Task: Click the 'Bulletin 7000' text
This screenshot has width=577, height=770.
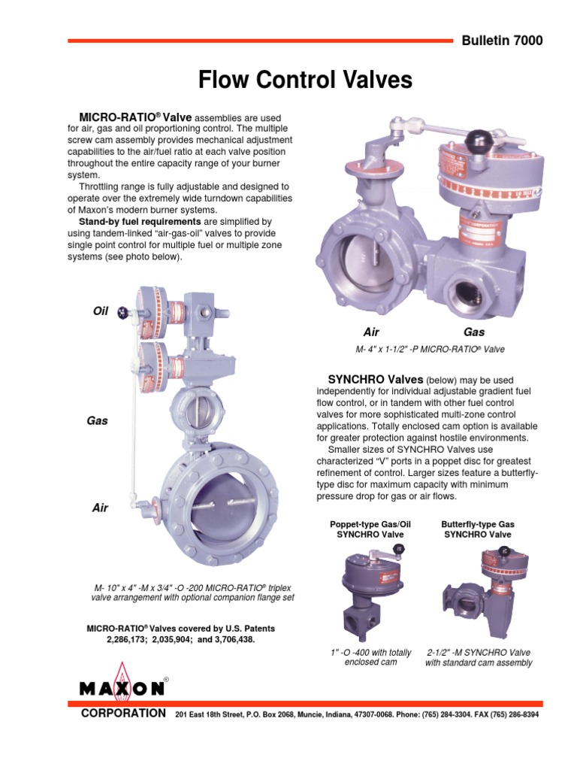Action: click(501, 41)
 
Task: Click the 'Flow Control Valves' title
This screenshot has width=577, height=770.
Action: click(305, 80)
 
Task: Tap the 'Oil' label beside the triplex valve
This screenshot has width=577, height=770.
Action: click(100, 311)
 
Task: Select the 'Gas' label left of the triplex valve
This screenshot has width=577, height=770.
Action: click(98, 421)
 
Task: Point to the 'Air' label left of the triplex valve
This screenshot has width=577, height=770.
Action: click(100, 508)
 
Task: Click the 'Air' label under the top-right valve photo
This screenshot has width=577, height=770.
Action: click(371, 332)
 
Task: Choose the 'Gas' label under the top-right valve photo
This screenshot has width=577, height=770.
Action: click(474, 332)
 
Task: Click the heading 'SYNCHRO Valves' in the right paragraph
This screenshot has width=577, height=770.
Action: click(376, 380)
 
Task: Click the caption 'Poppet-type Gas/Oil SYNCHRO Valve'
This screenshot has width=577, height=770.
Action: click(360, 529)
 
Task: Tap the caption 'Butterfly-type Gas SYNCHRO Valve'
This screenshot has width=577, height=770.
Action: click(479, 529)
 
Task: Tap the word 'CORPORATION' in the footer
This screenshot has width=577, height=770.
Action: click(123, 713)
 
